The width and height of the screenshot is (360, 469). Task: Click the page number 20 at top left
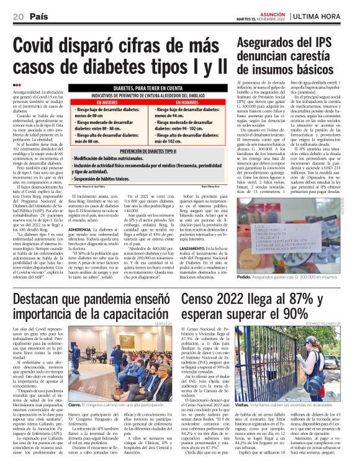click(17, 16)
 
